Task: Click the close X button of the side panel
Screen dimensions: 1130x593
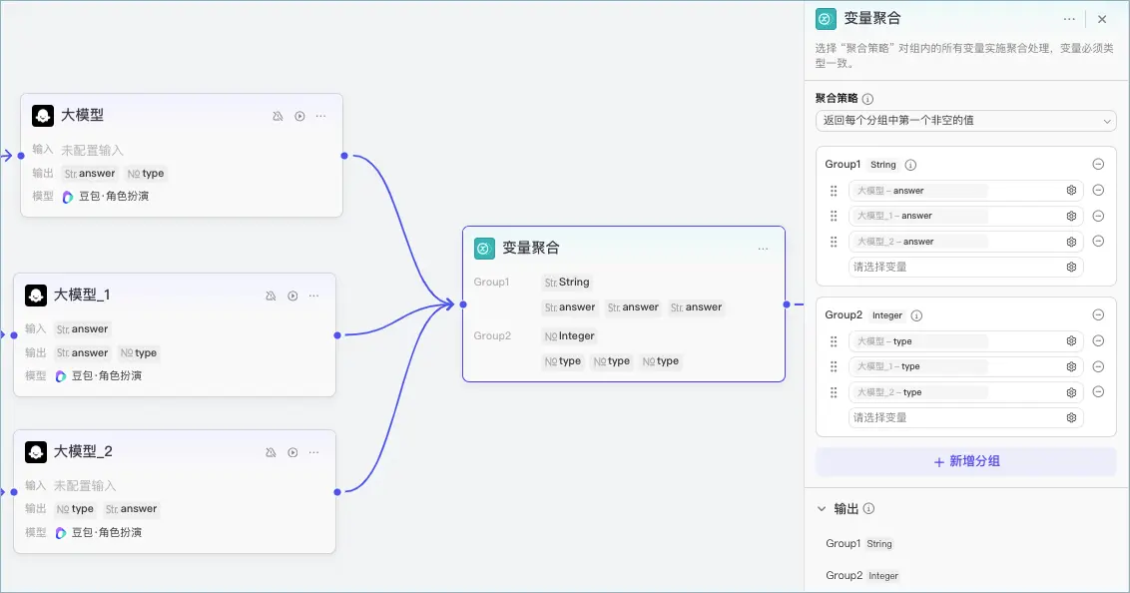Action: pyautogui.click(x=1102, y=19)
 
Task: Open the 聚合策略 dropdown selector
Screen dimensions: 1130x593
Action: pyautogui.click(x=965, y=121)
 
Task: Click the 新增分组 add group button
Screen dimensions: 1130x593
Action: pyautogui.click(x=965, y=461)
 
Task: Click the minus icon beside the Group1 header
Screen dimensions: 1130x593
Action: pyautogui.click(x=1098, y=165)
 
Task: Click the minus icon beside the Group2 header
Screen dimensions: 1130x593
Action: pyautogui.click(x=1098, y=314)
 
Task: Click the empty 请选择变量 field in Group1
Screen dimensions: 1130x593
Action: pyautogui.click(x=965, y=267)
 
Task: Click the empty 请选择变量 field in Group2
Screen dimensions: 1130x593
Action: pyautogui.click(x=965, y=417)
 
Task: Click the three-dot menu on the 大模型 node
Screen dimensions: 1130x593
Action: pyautogui.click(x=320, y=116)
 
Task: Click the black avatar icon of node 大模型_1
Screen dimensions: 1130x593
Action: pyautogui.click(x=36, y=295)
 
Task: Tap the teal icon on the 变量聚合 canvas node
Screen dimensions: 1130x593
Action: pyautogui.click(x=484, y=249)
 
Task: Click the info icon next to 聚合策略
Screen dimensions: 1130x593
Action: pyautogui.click(x=867, y=99)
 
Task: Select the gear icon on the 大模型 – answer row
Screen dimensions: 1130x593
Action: pyautogui.click(x=1072, y=191)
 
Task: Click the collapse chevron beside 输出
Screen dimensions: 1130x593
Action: pyautogui.click(x=822, y=509)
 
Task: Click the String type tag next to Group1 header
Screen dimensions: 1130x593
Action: pyautogui.click(x=882, y=165)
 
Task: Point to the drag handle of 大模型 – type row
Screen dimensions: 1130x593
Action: pyautogui.click(x=834, y=340)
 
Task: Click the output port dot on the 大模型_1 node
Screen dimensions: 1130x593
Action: pyautogui.click(x=337, y=335)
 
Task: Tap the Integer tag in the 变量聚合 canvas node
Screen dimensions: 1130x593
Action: pyautogui.click(x=570, y=335)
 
